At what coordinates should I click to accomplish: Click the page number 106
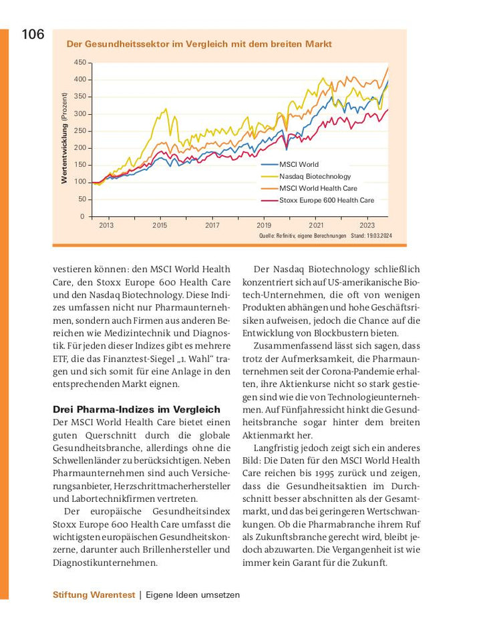click(x=33, y=35)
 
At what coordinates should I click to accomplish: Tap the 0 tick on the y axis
click(x=82, y=216)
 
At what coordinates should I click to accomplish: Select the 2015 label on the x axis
click(x=160, y=226)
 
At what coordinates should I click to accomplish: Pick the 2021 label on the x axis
click(x=316, y=226)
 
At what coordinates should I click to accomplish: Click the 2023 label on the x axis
click(x=367, y=226)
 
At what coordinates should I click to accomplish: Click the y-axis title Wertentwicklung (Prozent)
click(x=65, y=138)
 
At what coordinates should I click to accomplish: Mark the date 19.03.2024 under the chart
click(x=379, y=236)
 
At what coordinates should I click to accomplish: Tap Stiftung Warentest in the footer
click(x=94, y=595)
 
